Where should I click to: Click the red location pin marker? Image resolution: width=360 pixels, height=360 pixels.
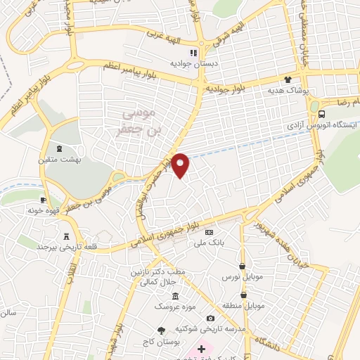(181, 165)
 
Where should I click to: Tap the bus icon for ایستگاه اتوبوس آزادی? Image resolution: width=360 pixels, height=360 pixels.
(321, 114)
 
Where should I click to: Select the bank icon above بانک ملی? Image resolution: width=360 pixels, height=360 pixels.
(209, 232)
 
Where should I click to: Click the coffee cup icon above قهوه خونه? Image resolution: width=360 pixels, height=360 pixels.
(44, 200)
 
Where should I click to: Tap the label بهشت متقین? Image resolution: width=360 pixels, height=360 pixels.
(60, 160)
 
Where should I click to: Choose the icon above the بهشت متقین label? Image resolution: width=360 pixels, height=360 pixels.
(60, 149)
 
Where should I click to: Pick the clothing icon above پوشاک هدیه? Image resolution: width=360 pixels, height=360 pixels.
(287, 79)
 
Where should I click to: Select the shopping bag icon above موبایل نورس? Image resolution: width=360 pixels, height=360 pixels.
(243, 266)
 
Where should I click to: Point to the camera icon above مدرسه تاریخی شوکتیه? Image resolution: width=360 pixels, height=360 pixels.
(210, 319)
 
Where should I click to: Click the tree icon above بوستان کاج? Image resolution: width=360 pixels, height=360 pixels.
(162, 330)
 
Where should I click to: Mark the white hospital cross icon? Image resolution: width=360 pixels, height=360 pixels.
(200, 349)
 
